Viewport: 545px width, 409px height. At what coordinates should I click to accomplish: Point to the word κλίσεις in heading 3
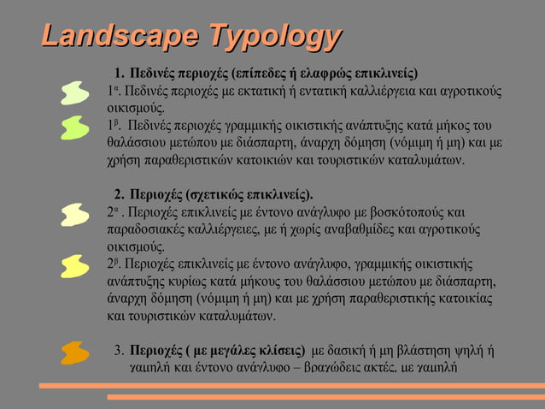[x=278, y=350]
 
